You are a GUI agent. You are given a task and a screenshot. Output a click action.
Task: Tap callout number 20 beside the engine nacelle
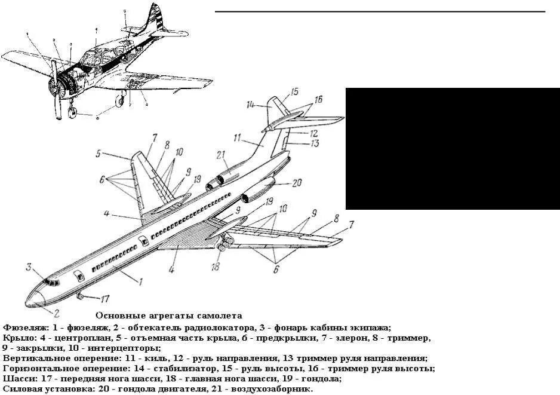point(296,183)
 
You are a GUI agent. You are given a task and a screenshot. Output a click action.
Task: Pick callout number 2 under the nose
point(57,312)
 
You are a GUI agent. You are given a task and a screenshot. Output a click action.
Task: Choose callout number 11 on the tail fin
point(237,137)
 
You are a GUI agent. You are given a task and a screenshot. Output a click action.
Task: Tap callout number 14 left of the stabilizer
point(251,105)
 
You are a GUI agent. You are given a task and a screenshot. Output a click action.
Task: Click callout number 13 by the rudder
point(315,143)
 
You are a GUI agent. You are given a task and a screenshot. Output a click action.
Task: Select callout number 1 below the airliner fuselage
point(140,281)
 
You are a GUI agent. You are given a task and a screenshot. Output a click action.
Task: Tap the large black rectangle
point(453,148)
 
